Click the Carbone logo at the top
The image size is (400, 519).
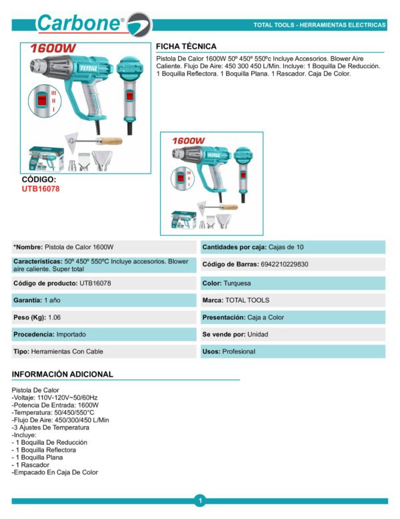[87, 24]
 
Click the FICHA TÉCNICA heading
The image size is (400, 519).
[186, 47]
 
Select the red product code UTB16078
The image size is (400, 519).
[41, 189]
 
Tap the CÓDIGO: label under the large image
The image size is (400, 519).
[39, 180]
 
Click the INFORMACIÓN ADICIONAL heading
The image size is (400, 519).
[63, 375]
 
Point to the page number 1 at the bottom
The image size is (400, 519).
[199, 500]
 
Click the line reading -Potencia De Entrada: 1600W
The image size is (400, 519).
[56, 405]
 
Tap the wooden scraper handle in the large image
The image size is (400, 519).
[109, 142]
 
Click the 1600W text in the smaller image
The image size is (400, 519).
[189, 142]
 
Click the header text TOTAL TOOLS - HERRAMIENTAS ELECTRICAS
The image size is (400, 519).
[319, 25]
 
